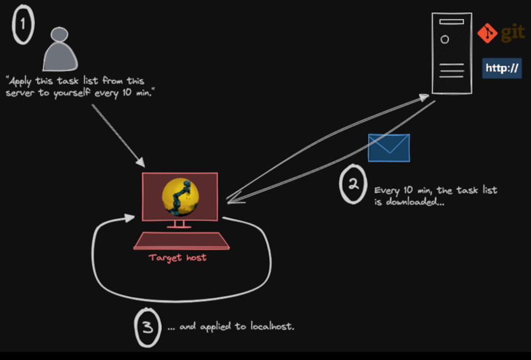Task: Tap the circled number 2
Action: [353, 184]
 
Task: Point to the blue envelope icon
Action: [389, 148]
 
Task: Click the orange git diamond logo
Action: [487, 33]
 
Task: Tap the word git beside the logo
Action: [513, 33]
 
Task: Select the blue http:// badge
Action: [502, 69]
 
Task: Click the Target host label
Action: [177, 257]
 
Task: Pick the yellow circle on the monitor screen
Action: [180, 197]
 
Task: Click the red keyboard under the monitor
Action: [181, 241]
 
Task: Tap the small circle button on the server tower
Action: [445, 40]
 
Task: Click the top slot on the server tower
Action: [452, 22]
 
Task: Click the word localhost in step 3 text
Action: [272, 326]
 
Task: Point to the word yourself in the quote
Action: [71, 93]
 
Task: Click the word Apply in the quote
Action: [20, 82]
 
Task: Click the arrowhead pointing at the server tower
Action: [424, 97]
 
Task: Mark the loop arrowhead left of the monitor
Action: [130, 218]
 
